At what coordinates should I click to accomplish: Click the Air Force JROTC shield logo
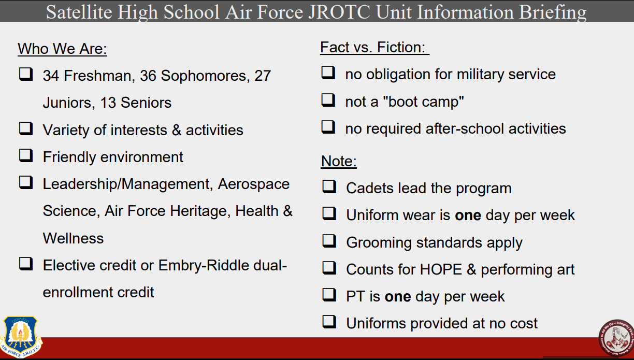coord(21,336)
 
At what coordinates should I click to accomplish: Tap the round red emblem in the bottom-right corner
coord(615,339)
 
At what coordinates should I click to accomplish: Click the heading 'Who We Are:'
coord(62,49)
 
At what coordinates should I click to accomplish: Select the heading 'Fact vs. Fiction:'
coord(374,48)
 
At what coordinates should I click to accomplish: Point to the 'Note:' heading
coord(339,162)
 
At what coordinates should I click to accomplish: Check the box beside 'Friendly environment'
coord(26,155)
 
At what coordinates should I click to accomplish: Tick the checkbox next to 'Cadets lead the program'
coord(329,187)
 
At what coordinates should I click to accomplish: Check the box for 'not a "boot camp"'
coord(328,100)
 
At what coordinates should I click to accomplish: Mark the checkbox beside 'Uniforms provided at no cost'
coord(329,322)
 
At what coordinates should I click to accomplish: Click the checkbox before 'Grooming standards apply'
coord(329,241)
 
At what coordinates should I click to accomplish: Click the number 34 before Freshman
coord(51,76)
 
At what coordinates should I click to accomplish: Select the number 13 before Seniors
coord(108,103)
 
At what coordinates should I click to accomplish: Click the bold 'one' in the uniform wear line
coord(468,215)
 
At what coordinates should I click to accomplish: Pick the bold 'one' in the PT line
coord(398,297)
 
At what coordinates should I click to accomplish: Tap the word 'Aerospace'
coord(254,184)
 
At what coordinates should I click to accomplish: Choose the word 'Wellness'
coord(73,239)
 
